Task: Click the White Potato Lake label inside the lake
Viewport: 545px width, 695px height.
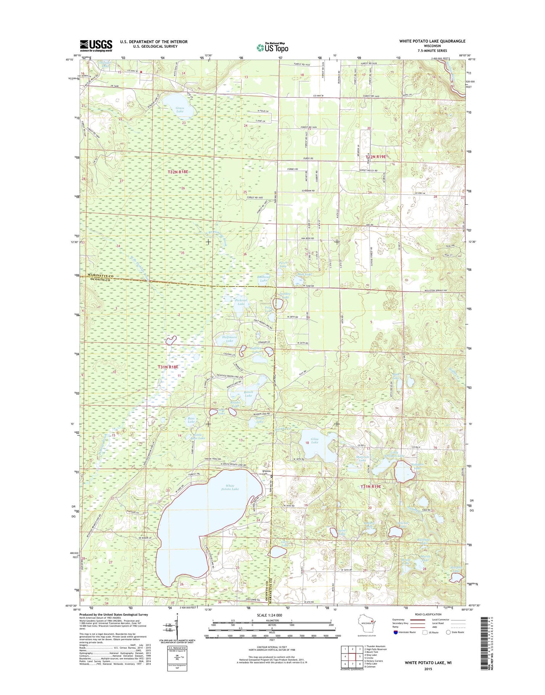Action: pyautogui.click(x=230, y=487)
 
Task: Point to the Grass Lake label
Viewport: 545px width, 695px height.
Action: pyautogui.click(x=180, y=109)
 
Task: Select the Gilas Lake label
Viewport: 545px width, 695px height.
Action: pyautogui.click(x=315, y=441)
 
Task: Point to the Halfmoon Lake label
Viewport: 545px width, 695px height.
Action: pyautogui.click(x=229, y=339)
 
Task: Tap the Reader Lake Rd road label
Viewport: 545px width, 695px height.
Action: pyautogui.click(x=262, y=414)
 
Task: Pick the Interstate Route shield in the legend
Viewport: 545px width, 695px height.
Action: pyautogui.click(x=396, y=632)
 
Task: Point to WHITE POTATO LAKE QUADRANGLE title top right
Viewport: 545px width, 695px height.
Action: pyautogui.click(x=432, y=41)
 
